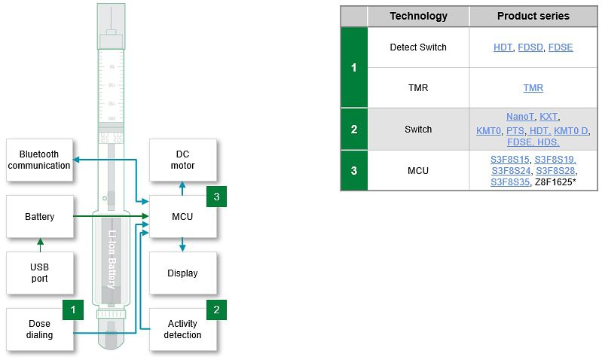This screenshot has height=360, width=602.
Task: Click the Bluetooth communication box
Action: coord(39,160)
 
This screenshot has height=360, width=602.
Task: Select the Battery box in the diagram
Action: coord(39,217)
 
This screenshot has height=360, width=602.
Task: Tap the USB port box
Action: coord(39,273)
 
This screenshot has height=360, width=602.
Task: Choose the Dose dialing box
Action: coord(39,329)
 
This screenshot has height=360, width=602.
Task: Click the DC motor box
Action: coord(182,160)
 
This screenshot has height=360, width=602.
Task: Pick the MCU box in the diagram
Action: coord(182,217)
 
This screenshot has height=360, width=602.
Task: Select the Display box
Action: coord(182,273)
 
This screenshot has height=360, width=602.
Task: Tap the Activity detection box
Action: coord(182,329)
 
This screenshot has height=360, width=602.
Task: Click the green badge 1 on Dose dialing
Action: coord(72,309)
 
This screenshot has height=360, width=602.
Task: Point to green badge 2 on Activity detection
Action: coord(216,309)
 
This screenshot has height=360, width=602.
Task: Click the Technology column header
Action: coord(418,16)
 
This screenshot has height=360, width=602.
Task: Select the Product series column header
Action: coord(533,16)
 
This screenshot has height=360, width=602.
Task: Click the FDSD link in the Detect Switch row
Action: coord(530,47)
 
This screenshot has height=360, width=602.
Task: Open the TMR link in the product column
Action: coord(533,88)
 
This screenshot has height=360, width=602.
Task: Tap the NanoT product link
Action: coord(520,117)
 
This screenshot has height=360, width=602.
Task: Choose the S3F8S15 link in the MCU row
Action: coord(510,160)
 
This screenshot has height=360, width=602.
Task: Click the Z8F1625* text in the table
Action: coord(555,182)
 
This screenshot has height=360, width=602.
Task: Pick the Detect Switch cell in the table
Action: coord(418,47)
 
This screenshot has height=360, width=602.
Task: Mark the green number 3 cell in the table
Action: coord(354,170)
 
